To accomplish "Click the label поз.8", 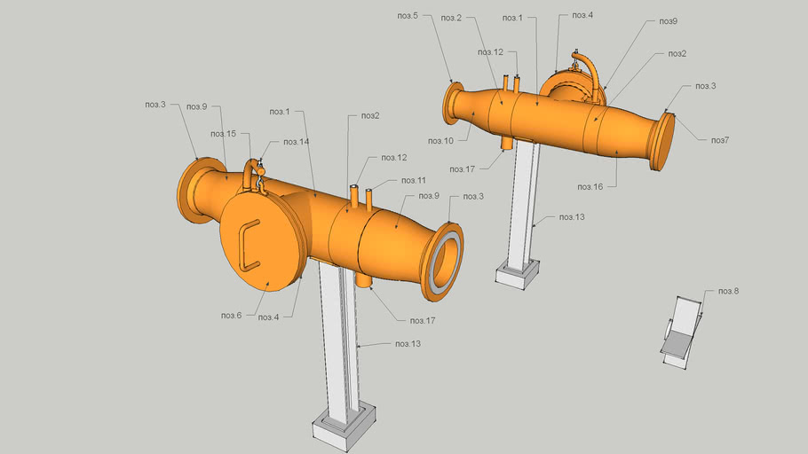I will click(728, 291).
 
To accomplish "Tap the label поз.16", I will click(590, 187).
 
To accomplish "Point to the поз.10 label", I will click(440, 141).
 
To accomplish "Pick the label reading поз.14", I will click(296, 142).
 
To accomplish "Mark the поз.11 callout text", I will click(402, 180).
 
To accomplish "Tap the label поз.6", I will click(231, 316).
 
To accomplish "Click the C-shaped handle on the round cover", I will click(247, 244).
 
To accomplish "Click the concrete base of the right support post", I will click(516, 270).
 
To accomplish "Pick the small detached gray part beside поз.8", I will click(681, 331).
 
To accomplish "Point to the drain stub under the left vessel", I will click(364, 278).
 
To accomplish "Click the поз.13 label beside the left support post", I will click(408, 344).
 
